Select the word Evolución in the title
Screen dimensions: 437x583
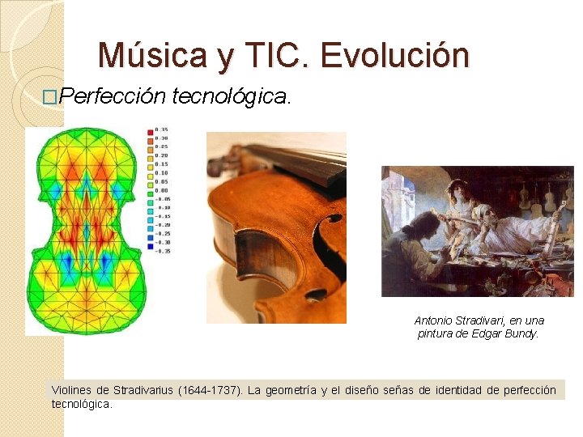394,56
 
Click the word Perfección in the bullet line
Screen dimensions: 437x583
113,97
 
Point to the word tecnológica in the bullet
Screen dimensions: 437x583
230,97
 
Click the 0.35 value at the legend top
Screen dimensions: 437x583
163,130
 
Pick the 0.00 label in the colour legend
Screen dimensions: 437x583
163,191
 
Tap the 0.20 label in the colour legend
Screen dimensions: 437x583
163,156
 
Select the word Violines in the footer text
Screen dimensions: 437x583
72,391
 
